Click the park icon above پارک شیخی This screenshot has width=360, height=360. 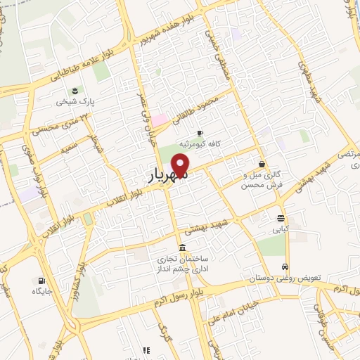pos(74,89)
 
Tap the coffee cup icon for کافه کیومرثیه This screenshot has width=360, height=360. pos(200,133)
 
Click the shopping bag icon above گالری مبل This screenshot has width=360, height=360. pos(262,164)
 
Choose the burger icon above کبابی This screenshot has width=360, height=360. pos(281,217)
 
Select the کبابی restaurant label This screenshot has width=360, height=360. pos(281,229)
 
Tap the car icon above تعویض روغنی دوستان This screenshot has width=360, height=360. pos(284,267)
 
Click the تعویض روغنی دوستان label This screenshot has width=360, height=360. pos(284,278)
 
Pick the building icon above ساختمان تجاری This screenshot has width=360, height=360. pos(182,247)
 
